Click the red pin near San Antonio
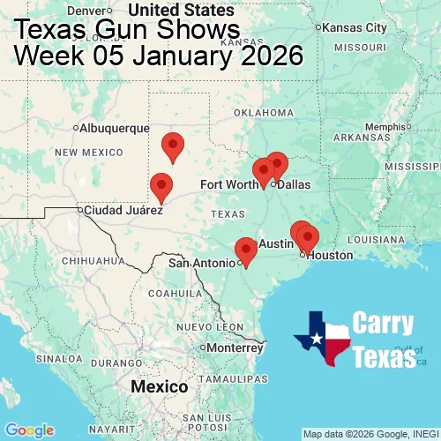click(x=246, y=250)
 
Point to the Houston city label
click(x=330, y=255)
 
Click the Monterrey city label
click(x=235, y=347)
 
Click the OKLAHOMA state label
click(x=264, y=113)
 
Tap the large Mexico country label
click(x=159, y=387)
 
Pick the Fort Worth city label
click(x=228, y=184)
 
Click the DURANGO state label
click(x=117, y=363)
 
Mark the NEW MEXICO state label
click(x=89, y=153)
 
